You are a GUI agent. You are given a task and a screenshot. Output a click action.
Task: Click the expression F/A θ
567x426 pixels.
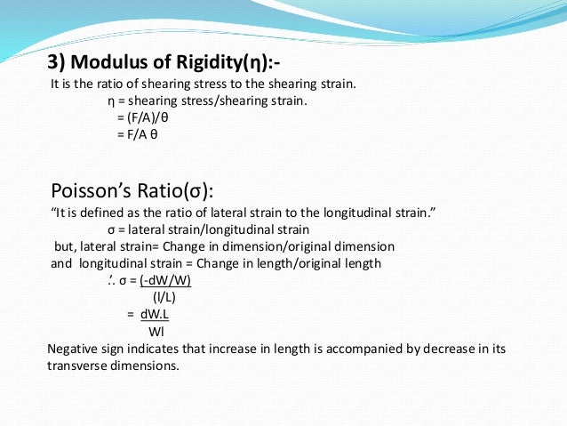(137, 134)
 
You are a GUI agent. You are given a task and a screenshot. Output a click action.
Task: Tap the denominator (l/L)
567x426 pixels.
(164, 297)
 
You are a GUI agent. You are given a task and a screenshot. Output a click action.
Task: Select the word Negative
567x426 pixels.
(71, 348)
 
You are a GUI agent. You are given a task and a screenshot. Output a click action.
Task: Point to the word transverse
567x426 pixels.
(76, 366)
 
